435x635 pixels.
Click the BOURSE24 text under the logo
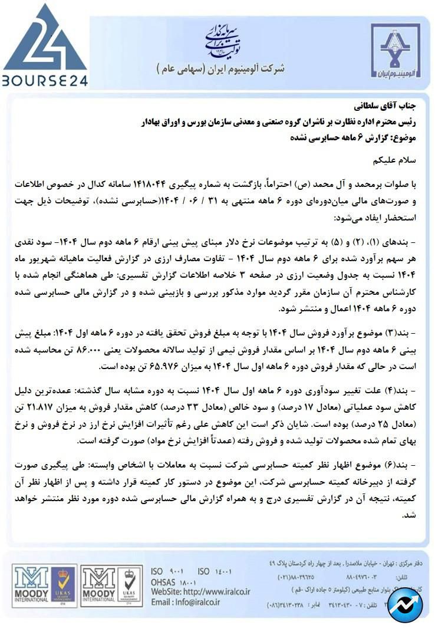point(44,80)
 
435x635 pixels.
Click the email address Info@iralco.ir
point(185,602)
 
